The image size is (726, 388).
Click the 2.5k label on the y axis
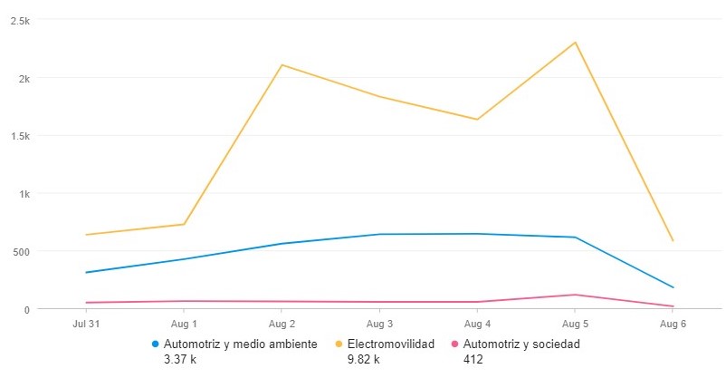pyautogui.click(x=19, y=21)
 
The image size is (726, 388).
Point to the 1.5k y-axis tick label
pyautogui.click(x=19, y=136)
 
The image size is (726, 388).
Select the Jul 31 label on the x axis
pyautogui.click(x=86, y=324)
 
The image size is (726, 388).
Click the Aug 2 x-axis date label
pyautogui.click(x=282, y=324)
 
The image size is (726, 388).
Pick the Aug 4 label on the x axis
pyautogui.click(x=477, y=324)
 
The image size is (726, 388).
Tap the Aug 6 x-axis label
pyautogui.click(x=673, y=324)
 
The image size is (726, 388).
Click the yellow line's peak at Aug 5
pyautogui.click(x=575, y=43)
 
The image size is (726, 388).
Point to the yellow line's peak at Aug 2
pyautogui.click(x=282, y=65)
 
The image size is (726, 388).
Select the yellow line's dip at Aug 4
pyautogui.click(x=477, y=120)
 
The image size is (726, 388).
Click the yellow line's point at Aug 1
pyautogui.click(x=184, y=224)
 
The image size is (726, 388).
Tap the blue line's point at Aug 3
pyautogui.click(x=379, y=234)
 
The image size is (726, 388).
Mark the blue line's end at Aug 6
pyautogui.click(x=673, y=287)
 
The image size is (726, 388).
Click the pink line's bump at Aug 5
pyautogui.click(x=575, y=295)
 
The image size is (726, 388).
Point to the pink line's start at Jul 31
pyautogui.click(x=86, y=303)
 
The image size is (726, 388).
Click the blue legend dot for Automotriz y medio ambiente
pyautogui.click(x=156, y=344)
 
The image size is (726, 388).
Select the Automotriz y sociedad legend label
pyautogui.click(x=521, y=344)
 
